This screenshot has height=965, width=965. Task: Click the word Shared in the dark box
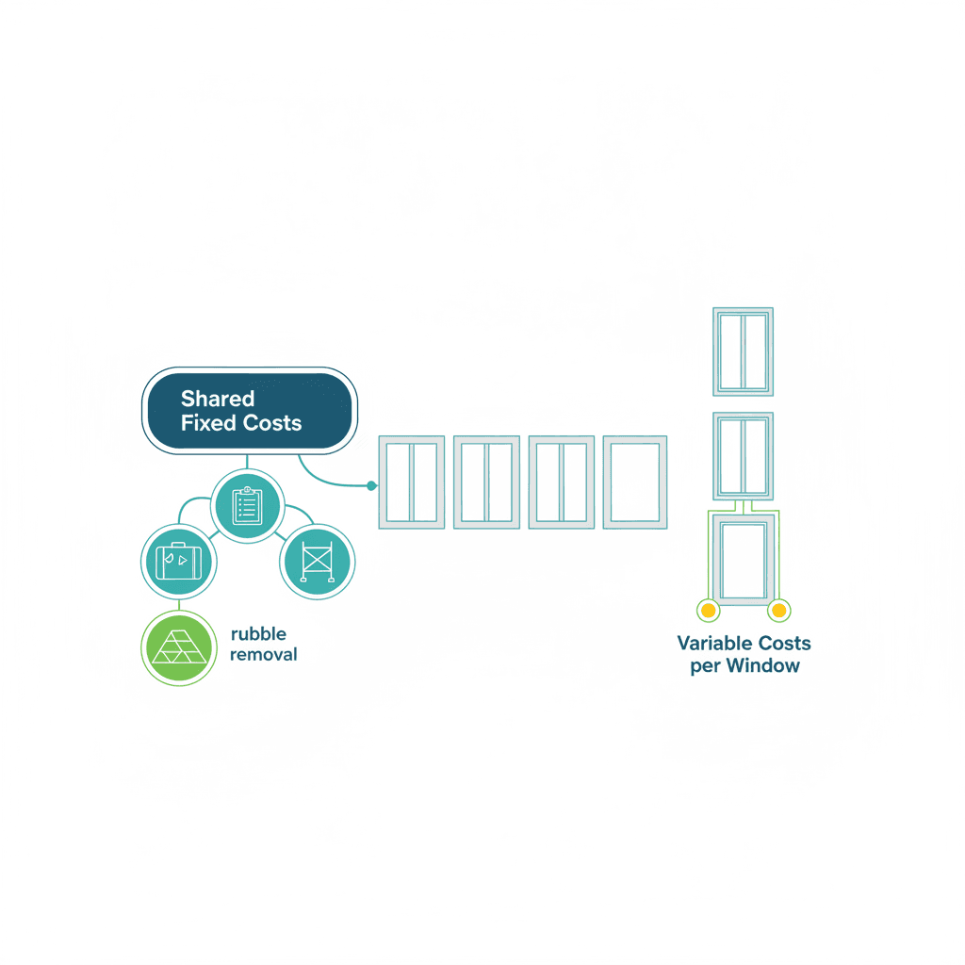218,399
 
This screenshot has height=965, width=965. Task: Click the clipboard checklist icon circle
248,506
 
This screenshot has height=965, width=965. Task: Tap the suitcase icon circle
178,562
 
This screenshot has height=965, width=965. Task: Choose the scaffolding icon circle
317,562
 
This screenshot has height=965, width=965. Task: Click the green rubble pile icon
178,647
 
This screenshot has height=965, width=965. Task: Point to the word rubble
258,634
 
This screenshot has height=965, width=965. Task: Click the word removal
264,654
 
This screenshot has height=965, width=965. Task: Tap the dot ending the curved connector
371,485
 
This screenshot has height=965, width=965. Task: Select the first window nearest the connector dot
412,482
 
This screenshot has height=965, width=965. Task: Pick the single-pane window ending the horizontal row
635,482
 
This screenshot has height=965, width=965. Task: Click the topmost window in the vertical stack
743,352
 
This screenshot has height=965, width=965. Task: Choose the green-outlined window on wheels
744,560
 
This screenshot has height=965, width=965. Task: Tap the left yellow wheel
709,611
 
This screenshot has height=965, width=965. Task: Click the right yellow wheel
779,611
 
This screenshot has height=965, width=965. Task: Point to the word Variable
715,643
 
